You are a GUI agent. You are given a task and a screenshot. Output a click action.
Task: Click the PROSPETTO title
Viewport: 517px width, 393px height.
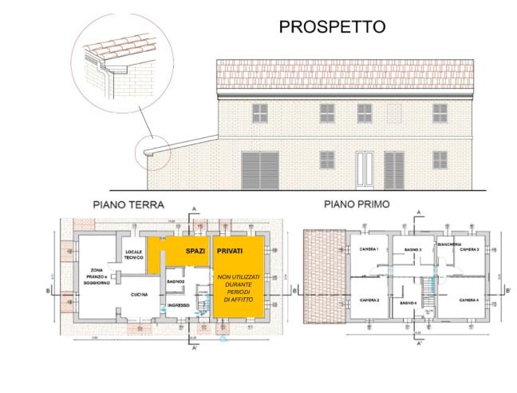(331, 26)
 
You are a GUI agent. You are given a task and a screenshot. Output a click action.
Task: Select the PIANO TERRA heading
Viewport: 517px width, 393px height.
(128, 205)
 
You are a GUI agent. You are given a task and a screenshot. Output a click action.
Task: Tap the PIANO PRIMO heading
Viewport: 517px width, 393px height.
(357, 204)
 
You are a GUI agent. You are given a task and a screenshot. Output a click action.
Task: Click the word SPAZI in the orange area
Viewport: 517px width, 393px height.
(195, 251)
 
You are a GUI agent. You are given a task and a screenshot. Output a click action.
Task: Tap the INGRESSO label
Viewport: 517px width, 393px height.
(179, 305)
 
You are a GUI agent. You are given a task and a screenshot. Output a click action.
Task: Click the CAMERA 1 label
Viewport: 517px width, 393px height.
(369, 250)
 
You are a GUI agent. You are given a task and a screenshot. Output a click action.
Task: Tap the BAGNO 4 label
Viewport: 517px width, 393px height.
(408, 304)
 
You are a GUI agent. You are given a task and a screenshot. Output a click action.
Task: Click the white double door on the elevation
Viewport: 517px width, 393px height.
(366, 168)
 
